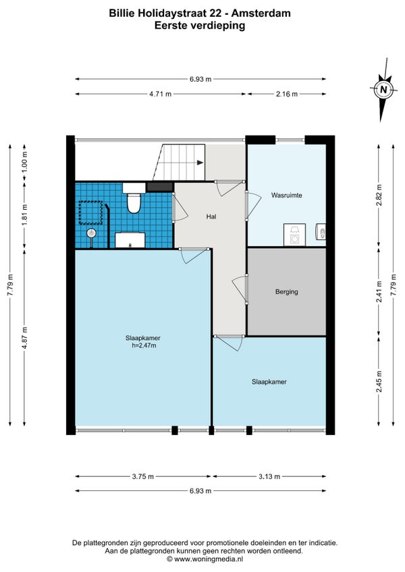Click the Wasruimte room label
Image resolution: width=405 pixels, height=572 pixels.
pos(286,196)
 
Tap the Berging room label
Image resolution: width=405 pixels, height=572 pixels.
pos(287,292)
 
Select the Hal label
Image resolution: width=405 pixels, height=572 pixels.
pos(211,217)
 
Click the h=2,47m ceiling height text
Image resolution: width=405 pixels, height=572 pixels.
pos(144,345)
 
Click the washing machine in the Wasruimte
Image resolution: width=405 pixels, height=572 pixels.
pos(294,235)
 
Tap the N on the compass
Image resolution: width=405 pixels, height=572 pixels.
pos(383,89)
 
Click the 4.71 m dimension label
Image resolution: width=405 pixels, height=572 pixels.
pos(160,94)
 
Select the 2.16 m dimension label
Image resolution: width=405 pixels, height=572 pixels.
pos(287,94)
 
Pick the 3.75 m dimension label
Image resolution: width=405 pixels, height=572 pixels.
pos(143,476)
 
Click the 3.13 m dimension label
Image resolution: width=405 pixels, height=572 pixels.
pos(269,476)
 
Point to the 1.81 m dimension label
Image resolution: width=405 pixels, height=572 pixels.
pos(25,214)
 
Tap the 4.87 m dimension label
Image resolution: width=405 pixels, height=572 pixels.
pos(25,337)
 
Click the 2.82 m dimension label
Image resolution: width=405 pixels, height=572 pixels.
pos(379,195)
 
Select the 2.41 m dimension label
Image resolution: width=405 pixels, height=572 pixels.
pos(379,291)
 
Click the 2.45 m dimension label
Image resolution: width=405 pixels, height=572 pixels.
pos(379,381)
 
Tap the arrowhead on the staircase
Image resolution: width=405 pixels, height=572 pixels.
pos(200,163)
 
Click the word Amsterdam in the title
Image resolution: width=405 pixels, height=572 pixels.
pos(261,13)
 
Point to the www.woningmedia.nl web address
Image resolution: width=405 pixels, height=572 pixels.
pos(209,559)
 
